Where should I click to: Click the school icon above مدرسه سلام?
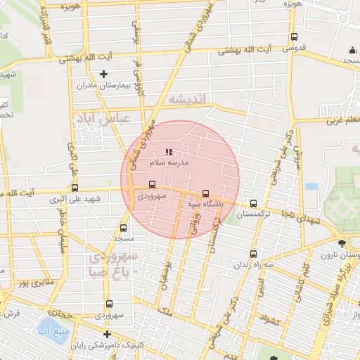point(168,151)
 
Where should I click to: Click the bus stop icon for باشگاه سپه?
point(205,193)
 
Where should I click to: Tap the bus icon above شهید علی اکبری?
point(75,188)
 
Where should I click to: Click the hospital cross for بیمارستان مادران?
point(104,74)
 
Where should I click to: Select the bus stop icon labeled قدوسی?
point(293,38)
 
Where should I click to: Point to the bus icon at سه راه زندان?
point(253,254)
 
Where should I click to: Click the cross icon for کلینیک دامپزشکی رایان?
point(107,334)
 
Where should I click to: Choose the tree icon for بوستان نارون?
point(342,243)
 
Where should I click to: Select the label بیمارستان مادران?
point(104,85)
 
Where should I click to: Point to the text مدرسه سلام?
point(169,162)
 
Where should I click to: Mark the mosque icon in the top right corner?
point(352,50)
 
